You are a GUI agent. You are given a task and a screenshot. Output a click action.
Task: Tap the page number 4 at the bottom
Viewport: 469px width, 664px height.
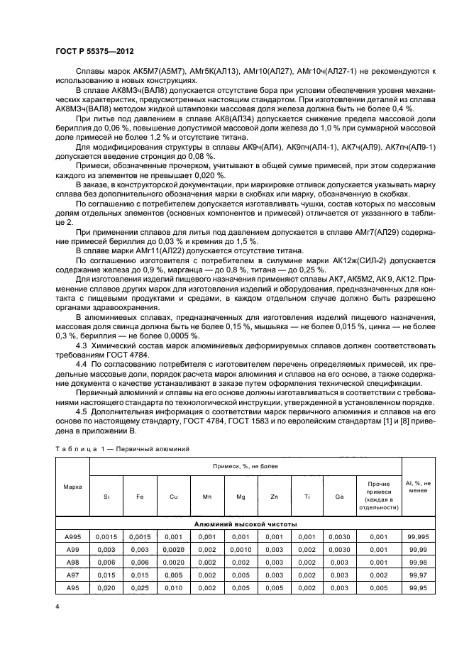[x=56, y=607]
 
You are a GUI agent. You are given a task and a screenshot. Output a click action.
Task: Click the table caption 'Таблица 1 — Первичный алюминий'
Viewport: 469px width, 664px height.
[x=122, y=448]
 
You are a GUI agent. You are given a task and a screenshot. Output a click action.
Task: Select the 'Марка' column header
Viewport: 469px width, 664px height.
[x=72, y=487]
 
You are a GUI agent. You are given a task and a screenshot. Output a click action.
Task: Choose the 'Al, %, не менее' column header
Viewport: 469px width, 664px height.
[x=418, y=487]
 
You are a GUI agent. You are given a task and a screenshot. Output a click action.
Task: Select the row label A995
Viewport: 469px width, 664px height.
[x=72, y=536]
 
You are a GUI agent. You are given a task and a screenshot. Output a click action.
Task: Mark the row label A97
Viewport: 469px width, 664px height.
[x=72, y=575]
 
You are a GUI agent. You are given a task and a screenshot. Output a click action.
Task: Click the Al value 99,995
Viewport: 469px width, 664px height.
[x=418, y=536]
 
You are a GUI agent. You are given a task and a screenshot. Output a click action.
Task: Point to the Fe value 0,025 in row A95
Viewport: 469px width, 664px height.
[x=140, y=587]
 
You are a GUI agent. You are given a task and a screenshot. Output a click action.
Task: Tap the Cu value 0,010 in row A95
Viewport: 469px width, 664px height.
[x=174, y=587]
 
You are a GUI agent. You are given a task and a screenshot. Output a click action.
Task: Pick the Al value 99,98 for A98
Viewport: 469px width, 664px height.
[x=418, y=562]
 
